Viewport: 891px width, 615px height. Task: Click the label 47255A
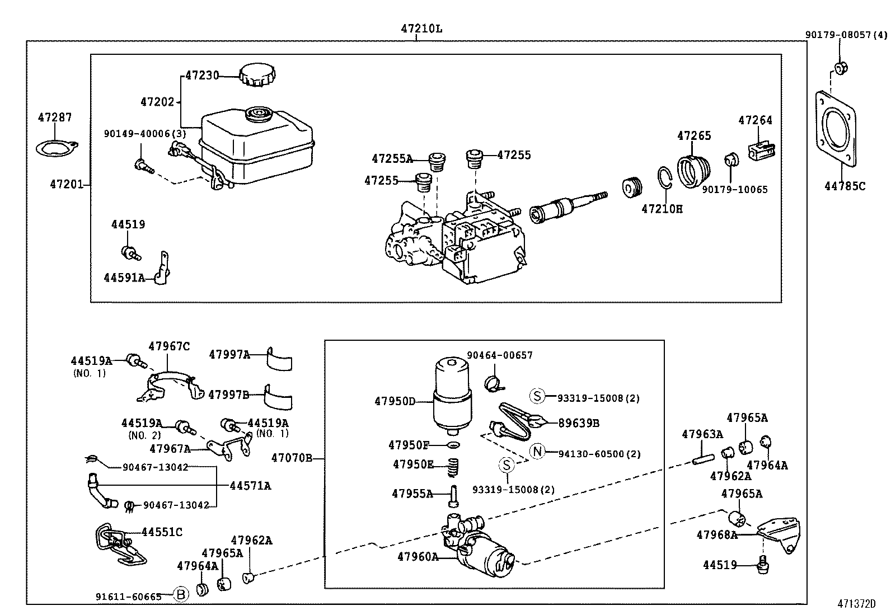392,159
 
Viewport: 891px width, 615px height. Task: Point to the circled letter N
537,451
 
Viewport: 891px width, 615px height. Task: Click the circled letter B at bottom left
180,595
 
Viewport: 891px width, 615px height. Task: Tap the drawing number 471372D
856,604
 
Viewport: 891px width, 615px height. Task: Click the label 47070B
292,458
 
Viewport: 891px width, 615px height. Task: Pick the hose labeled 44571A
99,492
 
